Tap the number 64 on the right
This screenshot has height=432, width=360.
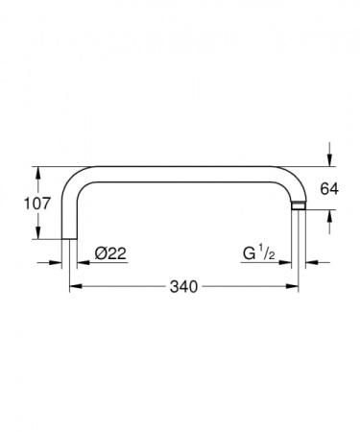329,188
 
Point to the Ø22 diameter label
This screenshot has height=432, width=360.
111,254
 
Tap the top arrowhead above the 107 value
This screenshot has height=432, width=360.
38,174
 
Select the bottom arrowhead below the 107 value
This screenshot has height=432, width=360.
38,233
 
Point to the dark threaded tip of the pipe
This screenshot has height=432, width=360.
299,205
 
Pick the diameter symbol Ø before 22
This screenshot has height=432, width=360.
101,254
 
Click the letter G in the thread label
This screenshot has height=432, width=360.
249,255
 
